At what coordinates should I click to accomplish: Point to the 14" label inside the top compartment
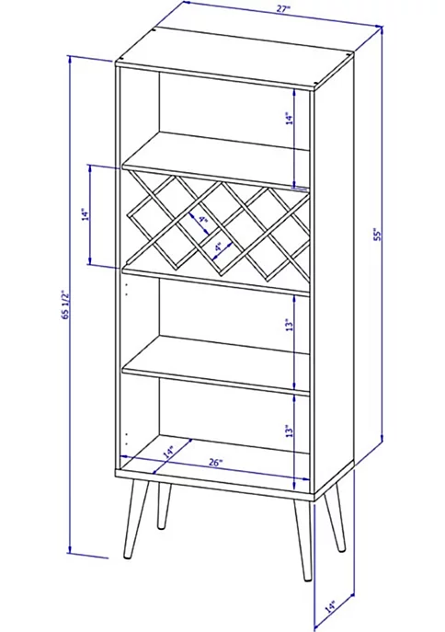tap(288, 120)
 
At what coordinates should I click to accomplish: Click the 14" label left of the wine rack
tap(85, 214)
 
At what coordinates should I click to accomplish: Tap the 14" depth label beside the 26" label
tap(168, 453)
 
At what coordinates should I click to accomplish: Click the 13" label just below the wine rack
tap(288, 325)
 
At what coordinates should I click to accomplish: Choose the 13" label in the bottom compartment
tap(288, 430)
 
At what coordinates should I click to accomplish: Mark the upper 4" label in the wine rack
tap(201, 221)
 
